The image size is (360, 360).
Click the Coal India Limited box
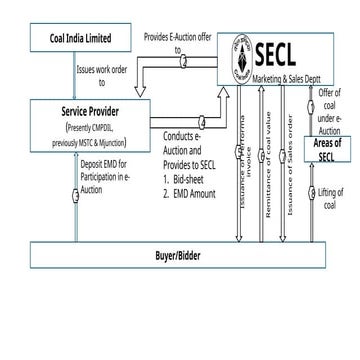79,40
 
